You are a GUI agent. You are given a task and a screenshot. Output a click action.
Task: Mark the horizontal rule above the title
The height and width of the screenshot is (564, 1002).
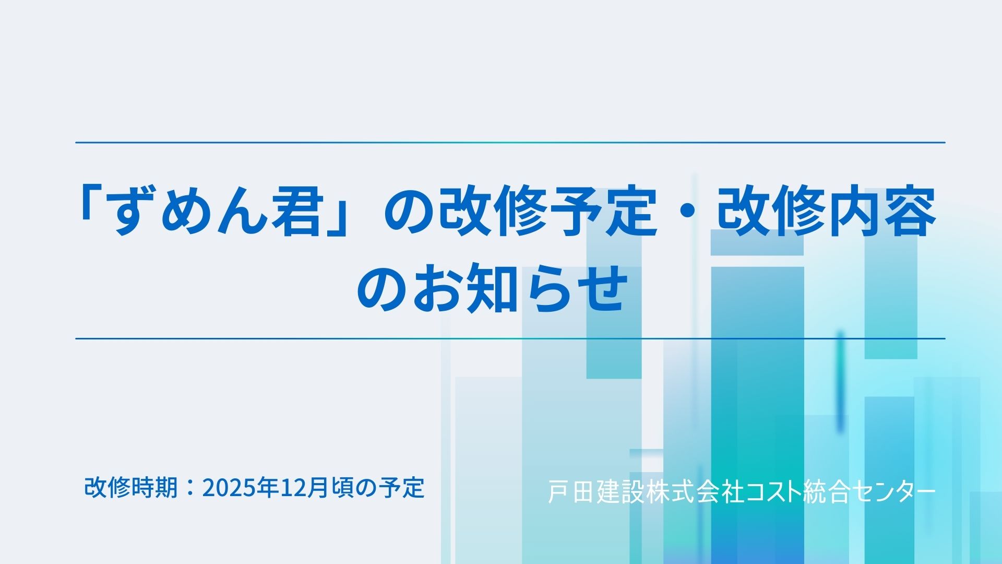click(510, 142)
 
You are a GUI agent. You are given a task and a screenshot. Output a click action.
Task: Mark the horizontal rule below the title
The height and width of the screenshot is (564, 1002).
click(510, 338)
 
